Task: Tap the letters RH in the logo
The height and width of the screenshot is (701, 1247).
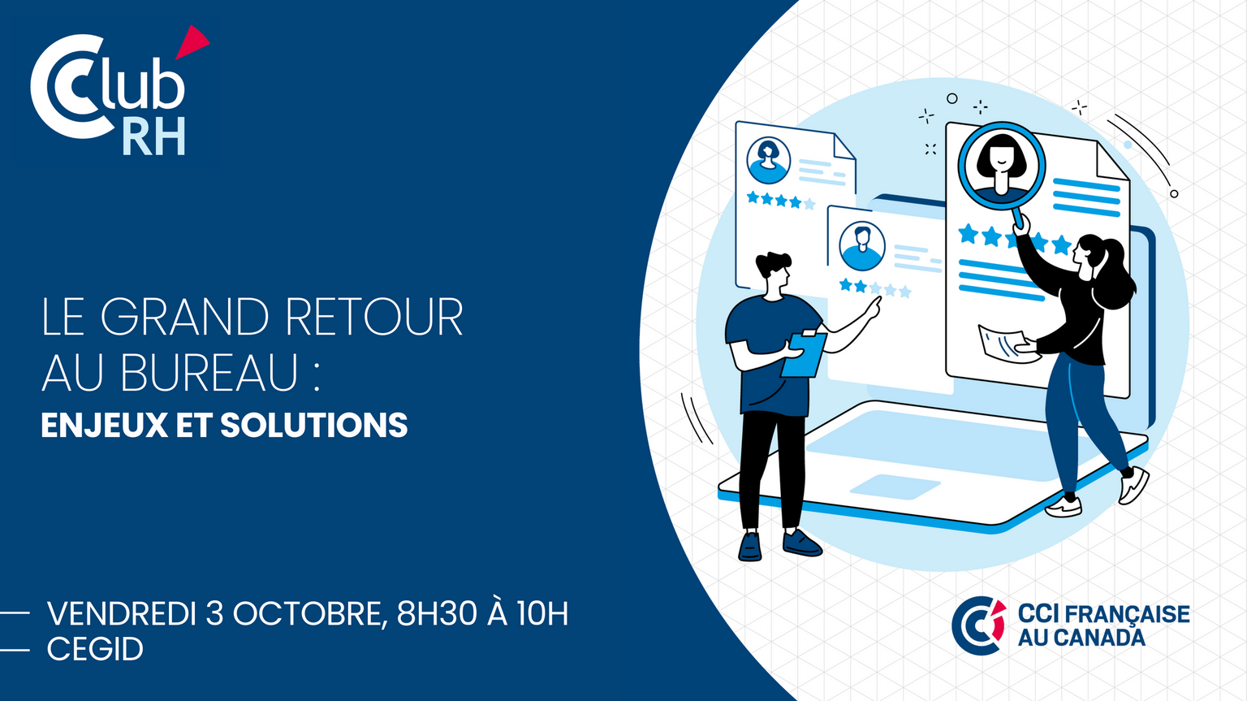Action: tap(153, 136)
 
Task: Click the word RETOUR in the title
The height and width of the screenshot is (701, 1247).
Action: tap(374, 317)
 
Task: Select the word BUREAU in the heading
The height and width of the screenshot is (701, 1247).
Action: tap(210, 372)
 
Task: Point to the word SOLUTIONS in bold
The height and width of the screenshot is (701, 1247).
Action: tap(314, 426)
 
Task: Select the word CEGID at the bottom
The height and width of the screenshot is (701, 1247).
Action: tap(95, 649)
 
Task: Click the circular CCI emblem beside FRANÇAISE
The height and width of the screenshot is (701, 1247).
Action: tap(978, 625)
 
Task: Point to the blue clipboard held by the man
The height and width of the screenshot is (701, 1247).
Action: tap(803, 354)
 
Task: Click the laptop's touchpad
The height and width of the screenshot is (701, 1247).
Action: tap(895, 487)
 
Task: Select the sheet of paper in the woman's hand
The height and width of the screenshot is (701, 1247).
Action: tap(1007, 344)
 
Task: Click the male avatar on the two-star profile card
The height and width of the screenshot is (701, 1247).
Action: tap(861, 246)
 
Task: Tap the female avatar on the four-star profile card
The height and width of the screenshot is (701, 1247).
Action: tap(768, 160)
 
